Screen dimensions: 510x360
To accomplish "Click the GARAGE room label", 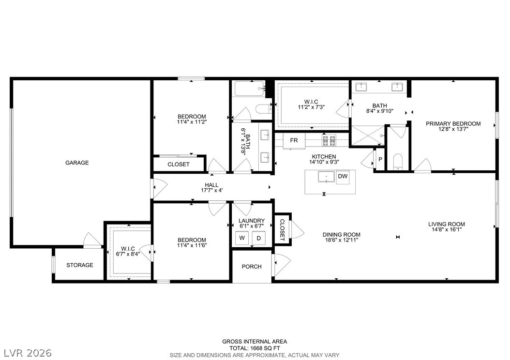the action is [77, 163].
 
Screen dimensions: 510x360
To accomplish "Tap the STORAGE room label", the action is [80, 265].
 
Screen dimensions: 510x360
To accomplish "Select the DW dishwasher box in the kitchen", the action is [343, 177].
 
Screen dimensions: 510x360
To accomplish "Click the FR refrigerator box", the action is [294, 140].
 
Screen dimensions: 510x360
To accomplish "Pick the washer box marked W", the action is [242, 238].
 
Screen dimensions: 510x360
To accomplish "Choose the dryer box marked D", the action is [259, 238].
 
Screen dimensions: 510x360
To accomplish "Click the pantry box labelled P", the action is [380, 159].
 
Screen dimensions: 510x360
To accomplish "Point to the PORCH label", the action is [252, 267].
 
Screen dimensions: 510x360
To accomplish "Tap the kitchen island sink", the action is [326, 177].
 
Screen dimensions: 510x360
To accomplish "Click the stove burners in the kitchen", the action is [329, 140].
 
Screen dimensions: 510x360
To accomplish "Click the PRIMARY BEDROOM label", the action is [453, 123].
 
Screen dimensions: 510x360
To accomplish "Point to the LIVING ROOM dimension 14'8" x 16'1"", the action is [447, 229].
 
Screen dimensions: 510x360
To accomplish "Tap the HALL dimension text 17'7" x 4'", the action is [212, 190].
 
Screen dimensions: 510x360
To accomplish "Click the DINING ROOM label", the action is [342, 235].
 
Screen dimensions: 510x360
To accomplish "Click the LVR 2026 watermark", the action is [28, 353].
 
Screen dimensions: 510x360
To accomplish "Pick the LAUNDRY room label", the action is [252, 221].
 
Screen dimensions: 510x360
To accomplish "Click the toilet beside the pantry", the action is [398, 162].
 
